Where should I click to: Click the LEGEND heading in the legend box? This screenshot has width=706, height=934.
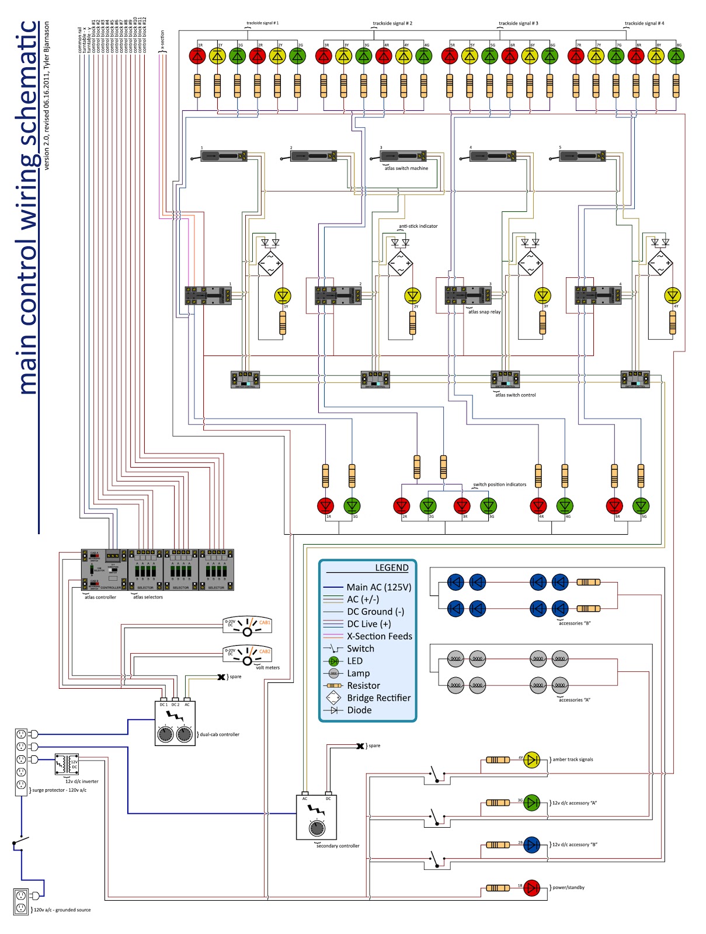tap(391, 568)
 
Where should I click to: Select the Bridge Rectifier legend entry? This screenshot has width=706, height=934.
tap(378, 698)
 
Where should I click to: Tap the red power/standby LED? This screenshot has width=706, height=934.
tap(531, 888)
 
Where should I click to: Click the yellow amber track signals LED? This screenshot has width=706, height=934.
tap(531, 759)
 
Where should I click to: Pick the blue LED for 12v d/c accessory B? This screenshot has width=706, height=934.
tap(531, 845)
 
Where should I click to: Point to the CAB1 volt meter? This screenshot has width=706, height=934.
tap(247, 625)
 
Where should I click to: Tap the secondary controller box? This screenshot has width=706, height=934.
tap(317, 817)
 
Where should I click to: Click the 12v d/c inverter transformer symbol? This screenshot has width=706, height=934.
tap(67, 764)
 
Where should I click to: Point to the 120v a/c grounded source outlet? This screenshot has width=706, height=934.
tap(21, 901)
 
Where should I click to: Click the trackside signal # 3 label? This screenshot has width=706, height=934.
tap(519, 23)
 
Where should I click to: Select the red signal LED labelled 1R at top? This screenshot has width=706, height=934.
tap(197, 56)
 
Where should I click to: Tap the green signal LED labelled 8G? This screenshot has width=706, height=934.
tap(676, 56)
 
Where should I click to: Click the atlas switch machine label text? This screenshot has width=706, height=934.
tap(406, 168)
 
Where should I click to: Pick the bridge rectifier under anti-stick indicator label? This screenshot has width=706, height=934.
tap(401, 263)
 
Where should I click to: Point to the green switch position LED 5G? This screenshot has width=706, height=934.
tap(641, 506)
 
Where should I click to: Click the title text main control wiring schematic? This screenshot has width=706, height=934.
tap(28, 207)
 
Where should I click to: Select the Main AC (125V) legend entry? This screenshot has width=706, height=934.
tap(378, 587)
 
